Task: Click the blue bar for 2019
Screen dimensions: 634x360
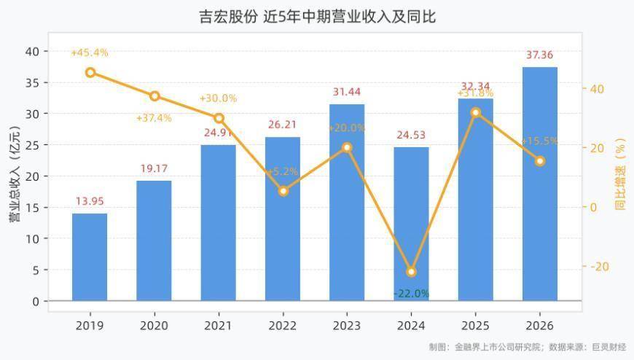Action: tap(90, 257)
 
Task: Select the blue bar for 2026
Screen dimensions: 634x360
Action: tap(540, 184)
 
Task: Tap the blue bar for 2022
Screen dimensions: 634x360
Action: tap(283, 219)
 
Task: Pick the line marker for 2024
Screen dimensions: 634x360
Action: tap(411, 272)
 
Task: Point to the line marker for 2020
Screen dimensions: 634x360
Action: tap(154, 96)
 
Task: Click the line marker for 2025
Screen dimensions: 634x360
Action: tap(476, 113)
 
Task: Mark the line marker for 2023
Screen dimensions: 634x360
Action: tap(347, 148)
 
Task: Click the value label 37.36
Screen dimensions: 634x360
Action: tap(539, 55)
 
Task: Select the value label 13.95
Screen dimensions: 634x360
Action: tap(90, 201)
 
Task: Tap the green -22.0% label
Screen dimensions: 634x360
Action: tap(411, 294)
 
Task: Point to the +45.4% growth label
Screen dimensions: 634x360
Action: tap(90, 52)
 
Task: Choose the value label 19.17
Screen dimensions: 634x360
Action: tap(154, 168)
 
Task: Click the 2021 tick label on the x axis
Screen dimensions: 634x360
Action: tap(219, 326)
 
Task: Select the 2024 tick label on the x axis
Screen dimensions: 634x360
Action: tap(411, 326)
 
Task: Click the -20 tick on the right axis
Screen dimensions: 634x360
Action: tap(600, 267)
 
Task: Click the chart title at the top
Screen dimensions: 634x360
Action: tap(318, 17)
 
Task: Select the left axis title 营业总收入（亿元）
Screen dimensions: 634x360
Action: tap(15, 174)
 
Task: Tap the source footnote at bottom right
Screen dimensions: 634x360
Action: tap(528, 347)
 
